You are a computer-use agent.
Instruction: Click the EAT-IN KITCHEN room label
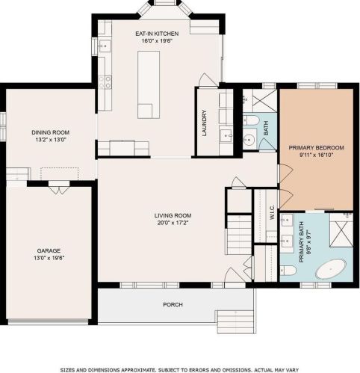pyautogui.click(x=157, y=34)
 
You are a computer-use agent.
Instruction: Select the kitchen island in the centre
pyautogui.click(x=149, y=85)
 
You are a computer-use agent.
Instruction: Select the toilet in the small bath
pyautogui.click(x=252, y=120)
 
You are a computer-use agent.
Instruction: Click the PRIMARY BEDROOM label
pyautogui.click(x=314, y=149)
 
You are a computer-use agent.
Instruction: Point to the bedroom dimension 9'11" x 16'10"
pyautogui.click(x=314, y=157)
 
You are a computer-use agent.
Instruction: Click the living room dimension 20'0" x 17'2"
pyautogui.click(x=161, y=223)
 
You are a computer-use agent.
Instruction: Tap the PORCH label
pyautogui.click(x=173, y=304)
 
